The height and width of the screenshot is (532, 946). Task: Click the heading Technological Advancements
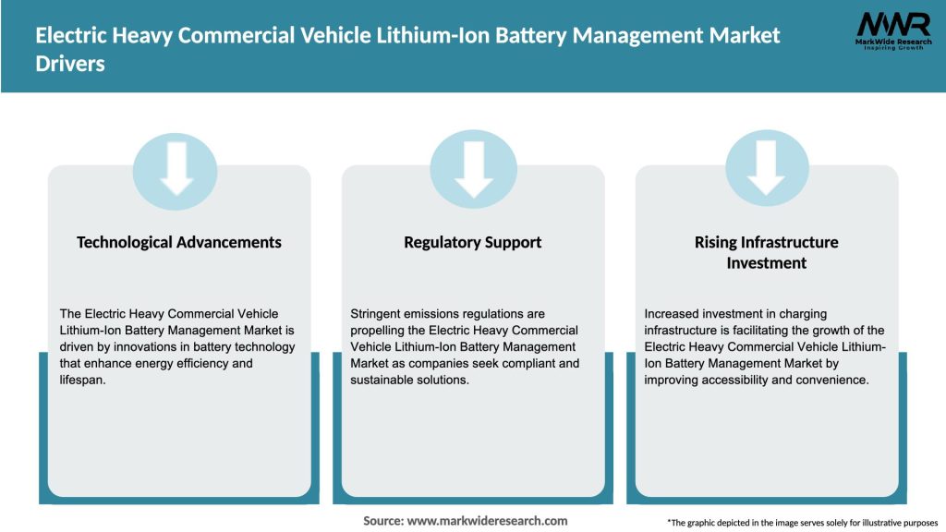[179, 242]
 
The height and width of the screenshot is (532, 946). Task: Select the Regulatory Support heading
[473, 242]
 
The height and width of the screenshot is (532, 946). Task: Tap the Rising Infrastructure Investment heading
[766, 252]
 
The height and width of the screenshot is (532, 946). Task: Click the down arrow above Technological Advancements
[176, 167]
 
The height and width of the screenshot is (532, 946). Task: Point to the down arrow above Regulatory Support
[473, 167]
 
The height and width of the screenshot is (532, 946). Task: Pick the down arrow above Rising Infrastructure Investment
[766, 167]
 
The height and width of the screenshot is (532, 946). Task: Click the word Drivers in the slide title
[70, 65]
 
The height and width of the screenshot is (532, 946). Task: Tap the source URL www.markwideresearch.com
[487, 521]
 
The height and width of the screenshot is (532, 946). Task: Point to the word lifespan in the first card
[83, 381]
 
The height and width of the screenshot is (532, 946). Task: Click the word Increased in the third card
[673, 314]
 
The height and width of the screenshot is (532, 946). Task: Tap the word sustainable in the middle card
[385, 381]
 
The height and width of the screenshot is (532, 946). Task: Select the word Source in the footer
[382, 521]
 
